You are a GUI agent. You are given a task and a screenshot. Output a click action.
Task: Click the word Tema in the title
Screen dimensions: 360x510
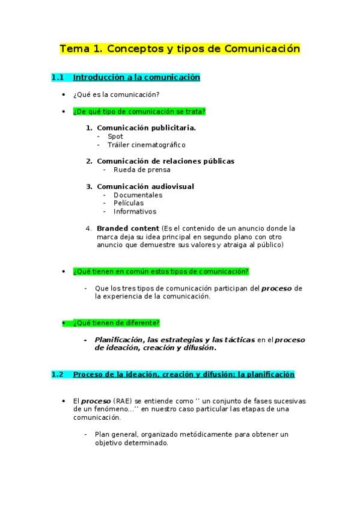point(73,49)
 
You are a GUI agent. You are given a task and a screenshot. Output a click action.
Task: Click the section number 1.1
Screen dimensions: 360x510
point(57,78)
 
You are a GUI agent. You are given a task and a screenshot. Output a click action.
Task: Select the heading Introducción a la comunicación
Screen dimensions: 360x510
point(136,78)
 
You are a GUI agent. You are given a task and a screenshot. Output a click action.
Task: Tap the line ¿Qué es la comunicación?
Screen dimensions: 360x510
point(115,94)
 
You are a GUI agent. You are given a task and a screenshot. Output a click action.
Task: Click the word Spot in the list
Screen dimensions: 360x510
point(115,137)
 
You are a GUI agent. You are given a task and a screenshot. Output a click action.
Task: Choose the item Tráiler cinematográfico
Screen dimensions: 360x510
point(146,145)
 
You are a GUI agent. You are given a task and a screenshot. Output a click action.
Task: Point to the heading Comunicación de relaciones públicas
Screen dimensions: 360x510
point(165,161)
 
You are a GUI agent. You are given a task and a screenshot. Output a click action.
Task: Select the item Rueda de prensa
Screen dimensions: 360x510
point(142,170)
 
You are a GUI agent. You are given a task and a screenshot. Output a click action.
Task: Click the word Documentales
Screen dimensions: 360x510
point(138,195)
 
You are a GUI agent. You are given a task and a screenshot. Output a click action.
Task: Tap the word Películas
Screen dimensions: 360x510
point(129,203)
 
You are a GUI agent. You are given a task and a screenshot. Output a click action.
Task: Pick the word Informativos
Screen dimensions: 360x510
point(135,212)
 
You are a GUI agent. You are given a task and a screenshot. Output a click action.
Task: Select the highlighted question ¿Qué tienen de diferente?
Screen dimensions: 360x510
point(116,323)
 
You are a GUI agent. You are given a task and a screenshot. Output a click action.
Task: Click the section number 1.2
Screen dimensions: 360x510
point(57,374)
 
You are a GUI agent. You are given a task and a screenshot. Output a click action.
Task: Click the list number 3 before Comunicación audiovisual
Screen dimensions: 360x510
point(89,186)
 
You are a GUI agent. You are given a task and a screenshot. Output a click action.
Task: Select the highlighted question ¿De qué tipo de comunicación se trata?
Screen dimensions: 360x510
point(139,111)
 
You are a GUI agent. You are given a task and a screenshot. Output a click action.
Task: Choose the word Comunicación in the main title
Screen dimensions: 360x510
point(261,49)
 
